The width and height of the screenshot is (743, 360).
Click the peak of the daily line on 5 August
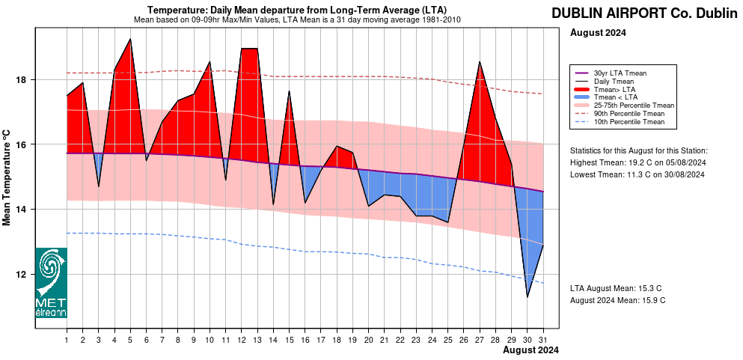[131, 39]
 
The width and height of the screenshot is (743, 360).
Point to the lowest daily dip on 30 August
[528, 297]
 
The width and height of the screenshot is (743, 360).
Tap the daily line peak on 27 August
[480, 61]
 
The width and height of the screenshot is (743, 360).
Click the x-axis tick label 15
[289, 340]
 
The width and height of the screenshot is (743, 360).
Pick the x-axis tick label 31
[543, 340]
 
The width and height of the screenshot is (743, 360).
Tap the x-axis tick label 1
[67, 340]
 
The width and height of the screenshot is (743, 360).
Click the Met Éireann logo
[51, 283]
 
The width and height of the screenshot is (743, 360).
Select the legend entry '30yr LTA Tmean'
[620, 73]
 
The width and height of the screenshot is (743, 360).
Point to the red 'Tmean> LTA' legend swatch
[581, 89]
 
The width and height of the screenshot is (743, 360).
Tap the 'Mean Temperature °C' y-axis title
[7, 177]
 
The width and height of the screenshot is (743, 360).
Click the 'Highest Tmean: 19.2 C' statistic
[638, 162]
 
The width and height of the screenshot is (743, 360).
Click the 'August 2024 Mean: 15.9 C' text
[617, 300]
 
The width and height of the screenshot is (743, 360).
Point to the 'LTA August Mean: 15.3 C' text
[616, 288]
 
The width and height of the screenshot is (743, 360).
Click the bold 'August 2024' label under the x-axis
[531, 350]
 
